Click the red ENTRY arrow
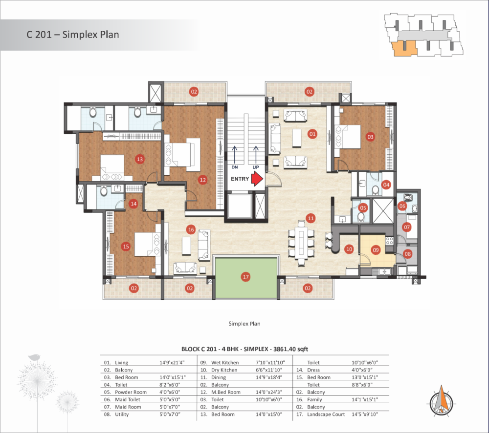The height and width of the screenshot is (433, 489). (257, 179)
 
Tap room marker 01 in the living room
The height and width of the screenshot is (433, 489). (312, 134)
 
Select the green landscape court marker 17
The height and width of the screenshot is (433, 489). (246, 277)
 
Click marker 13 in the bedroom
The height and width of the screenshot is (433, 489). (140, 159)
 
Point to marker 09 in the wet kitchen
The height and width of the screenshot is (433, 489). (376, 250)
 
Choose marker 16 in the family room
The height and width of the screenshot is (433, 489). (191, 230)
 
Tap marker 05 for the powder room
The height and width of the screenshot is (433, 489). (363, 208)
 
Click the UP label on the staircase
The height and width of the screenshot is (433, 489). (256, 167)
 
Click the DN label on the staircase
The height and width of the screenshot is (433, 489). (235, 167)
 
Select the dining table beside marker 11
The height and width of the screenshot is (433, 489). (301, 243)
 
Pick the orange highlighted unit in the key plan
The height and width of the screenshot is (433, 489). (404, 48)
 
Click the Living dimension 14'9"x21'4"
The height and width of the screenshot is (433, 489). (172, 363)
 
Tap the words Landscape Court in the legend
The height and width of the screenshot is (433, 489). (326, 414)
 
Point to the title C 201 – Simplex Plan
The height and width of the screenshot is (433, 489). (73, 34)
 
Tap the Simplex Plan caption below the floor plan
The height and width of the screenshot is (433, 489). (244, 324)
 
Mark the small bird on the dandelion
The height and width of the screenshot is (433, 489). (34, 357)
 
